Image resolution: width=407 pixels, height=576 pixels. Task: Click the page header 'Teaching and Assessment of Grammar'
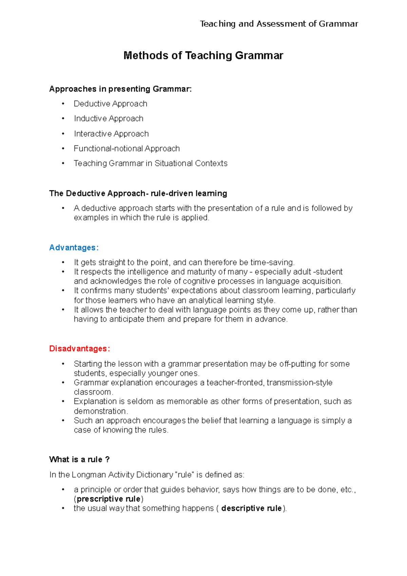point(279,24)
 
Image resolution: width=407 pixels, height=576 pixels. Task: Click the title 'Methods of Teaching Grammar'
point(203,55)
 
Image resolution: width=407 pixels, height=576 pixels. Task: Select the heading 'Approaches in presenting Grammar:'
point(120,89)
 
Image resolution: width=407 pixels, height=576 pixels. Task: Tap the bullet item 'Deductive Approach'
point(110,104)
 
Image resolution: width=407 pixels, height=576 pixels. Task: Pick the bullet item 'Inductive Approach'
point(109,119)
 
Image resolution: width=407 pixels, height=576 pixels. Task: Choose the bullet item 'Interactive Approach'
point(111,134)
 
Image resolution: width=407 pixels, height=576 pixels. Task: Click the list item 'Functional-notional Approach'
point(127,149)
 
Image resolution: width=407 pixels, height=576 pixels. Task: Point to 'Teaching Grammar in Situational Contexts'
point(150,164)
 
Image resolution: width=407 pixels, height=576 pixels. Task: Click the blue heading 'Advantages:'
point(74,248)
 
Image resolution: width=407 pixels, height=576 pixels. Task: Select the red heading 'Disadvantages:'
point(79,349)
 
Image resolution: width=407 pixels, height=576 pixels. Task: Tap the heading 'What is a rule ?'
point(79,460)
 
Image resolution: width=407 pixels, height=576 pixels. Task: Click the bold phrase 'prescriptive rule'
point(109,499)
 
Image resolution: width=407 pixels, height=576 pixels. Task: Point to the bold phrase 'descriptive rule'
point(251,508)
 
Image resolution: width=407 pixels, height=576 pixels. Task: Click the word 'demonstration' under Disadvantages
point(100,411)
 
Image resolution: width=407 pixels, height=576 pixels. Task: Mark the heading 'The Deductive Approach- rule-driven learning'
point(138,193)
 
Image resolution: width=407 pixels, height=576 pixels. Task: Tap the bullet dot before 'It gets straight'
point(63,263)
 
